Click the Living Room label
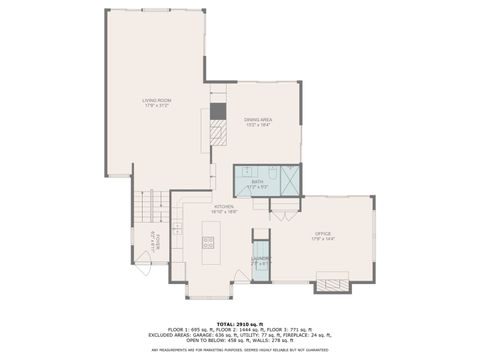[155, 100]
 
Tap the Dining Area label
[257, 119]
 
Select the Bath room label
[257, 181]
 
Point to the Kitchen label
[224, 206]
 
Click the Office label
[321, 234]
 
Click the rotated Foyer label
[155, 241]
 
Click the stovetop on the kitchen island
[209, 242]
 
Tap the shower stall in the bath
[289, 181]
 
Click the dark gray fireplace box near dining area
[218, 111]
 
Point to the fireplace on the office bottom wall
[332, 284]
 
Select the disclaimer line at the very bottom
[239, 351]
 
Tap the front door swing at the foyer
[144, 266]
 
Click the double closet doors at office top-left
[283, 215]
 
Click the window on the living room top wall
[155, 10]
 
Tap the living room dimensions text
[155, 105]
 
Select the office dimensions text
[321, 239]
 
